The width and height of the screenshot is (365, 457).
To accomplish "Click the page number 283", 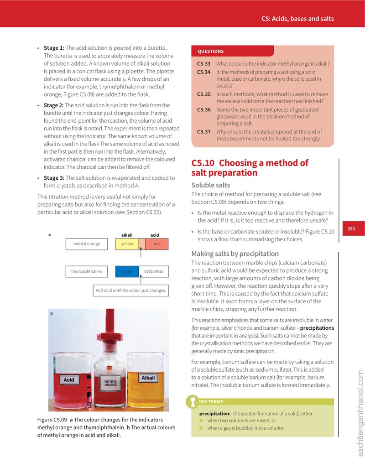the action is (351, 228).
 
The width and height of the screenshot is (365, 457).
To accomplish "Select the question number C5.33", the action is (203, 63).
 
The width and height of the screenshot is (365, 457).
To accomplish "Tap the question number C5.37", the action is (203, 132).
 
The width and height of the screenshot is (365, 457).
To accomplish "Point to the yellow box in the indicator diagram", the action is (127, 244).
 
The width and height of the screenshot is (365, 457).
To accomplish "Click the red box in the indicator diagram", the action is (156, 244).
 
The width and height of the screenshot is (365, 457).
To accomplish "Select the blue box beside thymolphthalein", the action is (127, 271).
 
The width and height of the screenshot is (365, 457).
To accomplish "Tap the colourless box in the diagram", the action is (154, 271).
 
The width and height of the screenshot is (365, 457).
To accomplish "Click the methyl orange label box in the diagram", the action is (87, 244).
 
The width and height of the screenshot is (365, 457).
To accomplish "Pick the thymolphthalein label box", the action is (87, 271).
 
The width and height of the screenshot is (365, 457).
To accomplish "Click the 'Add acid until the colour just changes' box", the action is (130, 290).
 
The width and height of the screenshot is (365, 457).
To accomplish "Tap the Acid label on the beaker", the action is (69, 379).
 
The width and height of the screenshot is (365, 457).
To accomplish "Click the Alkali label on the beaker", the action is (148, 378).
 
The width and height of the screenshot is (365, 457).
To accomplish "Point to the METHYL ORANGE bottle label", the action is (111, 383).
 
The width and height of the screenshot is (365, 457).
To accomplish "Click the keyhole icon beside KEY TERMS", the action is (193, 402).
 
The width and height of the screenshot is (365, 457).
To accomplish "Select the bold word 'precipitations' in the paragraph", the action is (317, 328).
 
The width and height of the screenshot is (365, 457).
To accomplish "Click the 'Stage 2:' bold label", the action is (54, 105).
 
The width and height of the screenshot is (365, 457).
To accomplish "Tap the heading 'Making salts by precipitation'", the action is (235, 254).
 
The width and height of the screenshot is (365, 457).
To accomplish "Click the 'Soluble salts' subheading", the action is (210, 185).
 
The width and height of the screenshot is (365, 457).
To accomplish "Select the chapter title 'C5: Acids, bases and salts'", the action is (297, 19).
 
